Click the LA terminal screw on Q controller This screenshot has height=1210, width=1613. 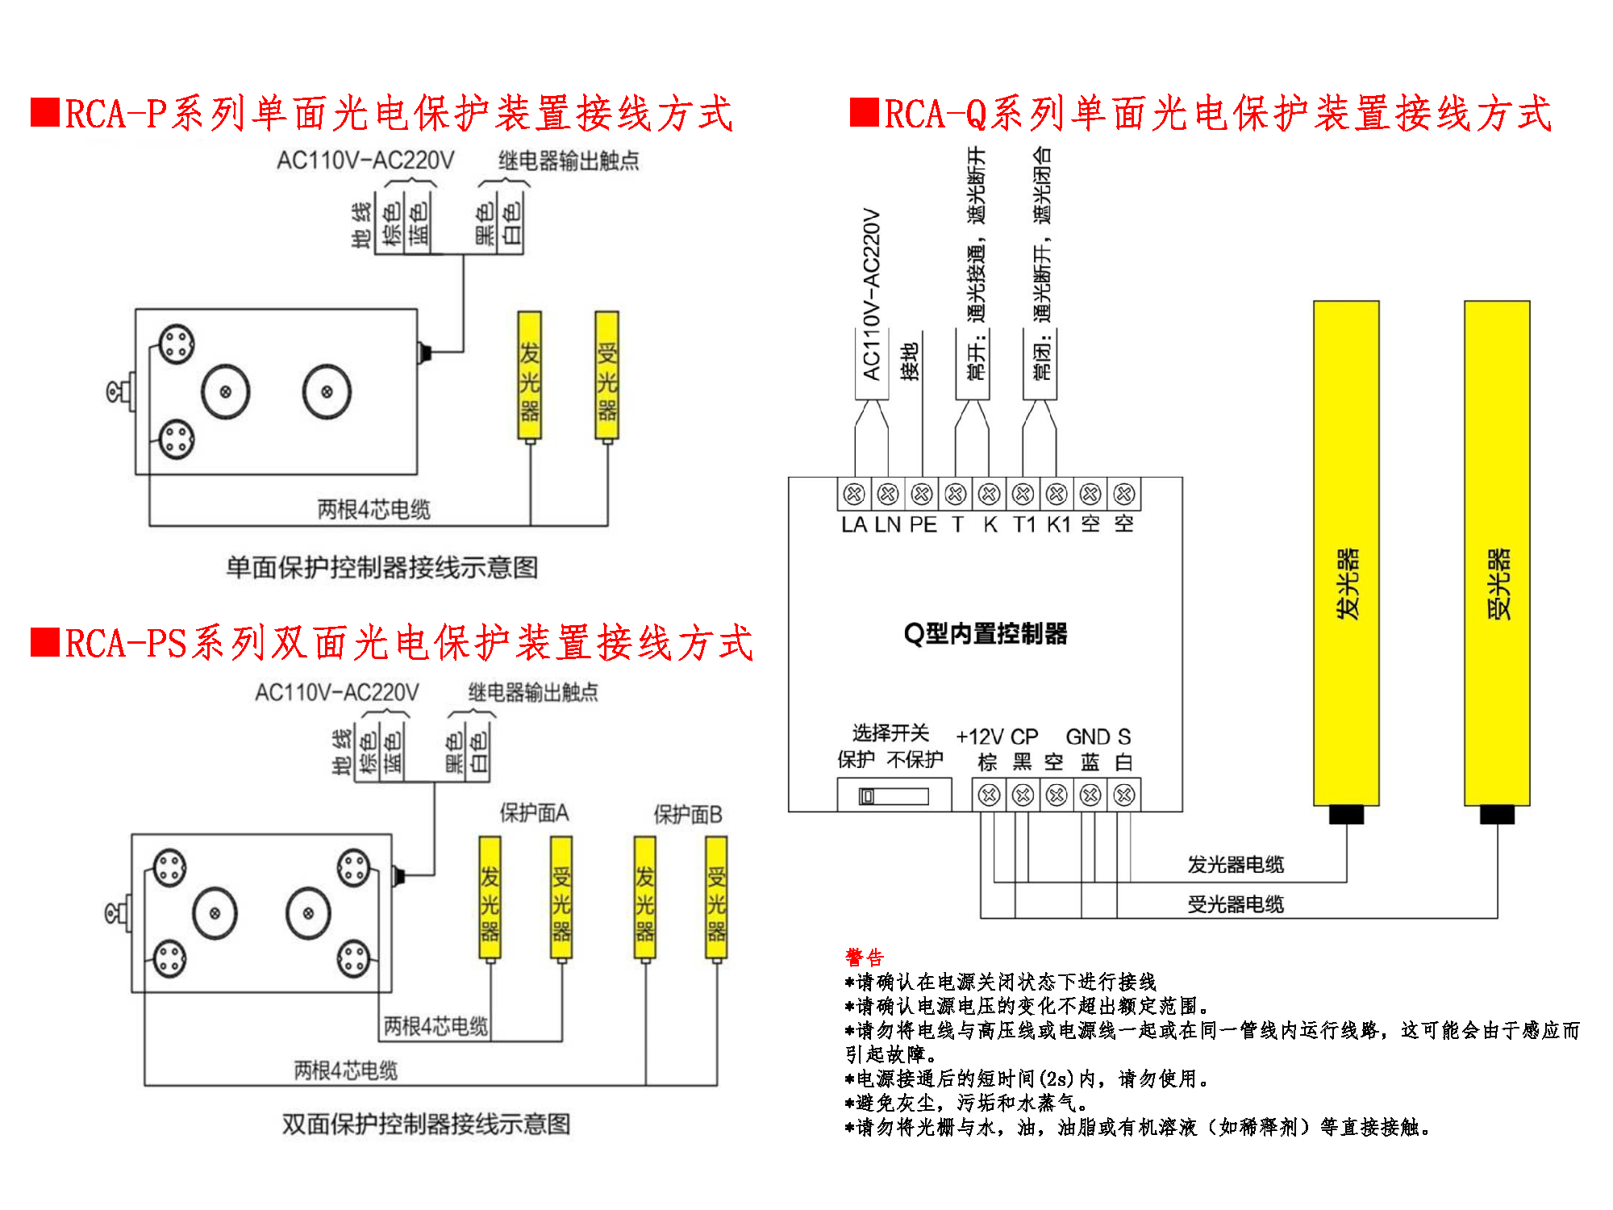pyautogui.click(x=854, y=494)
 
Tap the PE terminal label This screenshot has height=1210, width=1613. pyautogui.click(x=923, y=525)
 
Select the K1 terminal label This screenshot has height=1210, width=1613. pyautogui.click(x=1058, y=525)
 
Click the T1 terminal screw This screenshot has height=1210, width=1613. pyautogui.click(x=1023, y=494)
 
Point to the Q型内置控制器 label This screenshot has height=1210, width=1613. pyautogui.click(x=985, y=634)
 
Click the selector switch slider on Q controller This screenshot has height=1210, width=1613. pyautogui.click(x=867, y=797)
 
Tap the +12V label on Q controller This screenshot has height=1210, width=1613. pyautogui.click(x=979, y=737)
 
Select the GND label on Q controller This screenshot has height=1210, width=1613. pyautogui.click(x=1087, y=737)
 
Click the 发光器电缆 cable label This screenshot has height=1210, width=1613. pyautogui.click(x=1236, y=865)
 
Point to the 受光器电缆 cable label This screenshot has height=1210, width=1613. pyautogui.click(x=1236, y=904)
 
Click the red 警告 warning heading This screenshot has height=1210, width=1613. pyautogui.click(x=865, y=958)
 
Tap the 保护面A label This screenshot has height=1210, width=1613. pyautogui.click(x=534, y=813)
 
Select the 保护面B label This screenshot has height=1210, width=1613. pyautogui.click(x=687, y=815)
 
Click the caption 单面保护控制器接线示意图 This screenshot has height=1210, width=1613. pyautogui.click(x=382, y=568)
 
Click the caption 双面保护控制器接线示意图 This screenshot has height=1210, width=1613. pyautogui.click(x=426, y=1124)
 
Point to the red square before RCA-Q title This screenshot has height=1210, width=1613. pyautogui.click(x=864, y=113)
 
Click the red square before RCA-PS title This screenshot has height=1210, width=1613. pyautogui.click(x=45, y=643)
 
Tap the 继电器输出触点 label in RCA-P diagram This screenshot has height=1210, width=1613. pyautogui.click(x=569, y=161)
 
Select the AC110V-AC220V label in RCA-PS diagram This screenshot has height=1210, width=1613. pyautogui.click(x=337, y=692)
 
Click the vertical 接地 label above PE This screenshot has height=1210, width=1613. pyautogui.click(x=910, y=361)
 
